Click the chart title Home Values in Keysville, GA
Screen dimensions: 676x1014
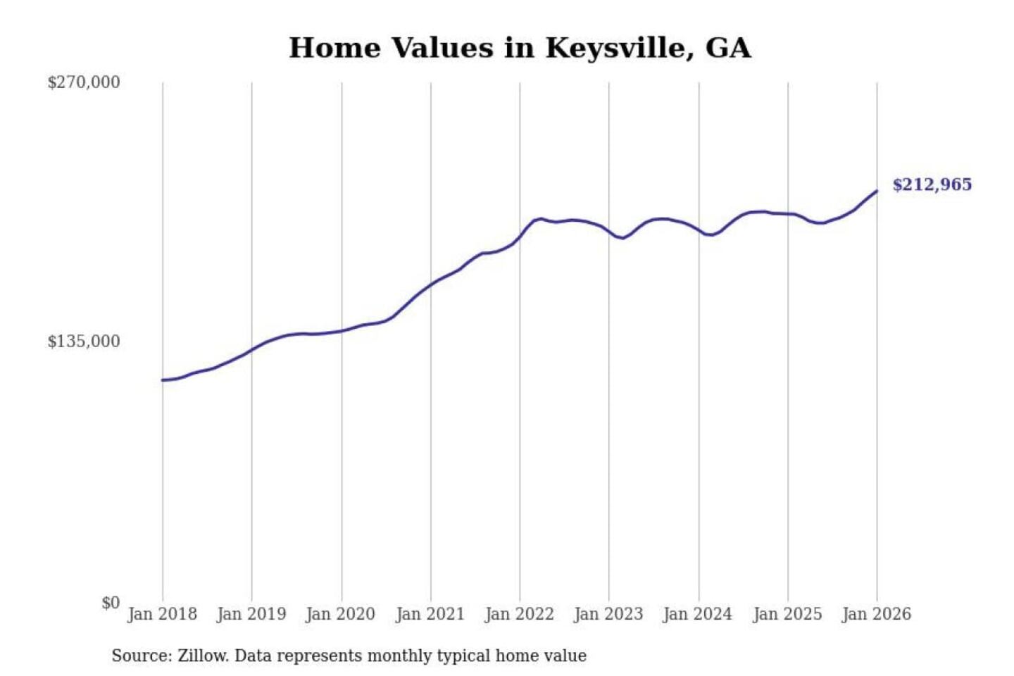point(520,48)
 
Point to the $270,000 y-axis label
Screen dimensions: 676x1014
point(84,82)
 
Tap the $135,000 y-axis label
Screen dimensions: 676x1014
point(84,342)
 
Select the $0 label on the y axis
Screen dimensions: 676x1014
point(111,603)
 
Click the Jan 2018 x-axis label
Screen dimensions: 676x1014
point(162,614)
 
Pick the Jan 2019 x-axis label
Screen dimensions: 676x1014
point(251,614)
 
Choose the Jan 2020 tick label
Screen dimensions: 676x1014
point(341,614)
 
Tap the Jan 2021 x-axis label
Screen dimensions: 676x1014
point(430,614)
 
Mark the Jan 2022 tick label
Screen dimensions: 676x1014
point(520,614)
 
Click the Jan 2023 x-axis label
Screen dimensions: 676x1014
point(608,614)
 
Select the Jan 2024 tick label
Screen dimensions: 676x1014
point(698,614)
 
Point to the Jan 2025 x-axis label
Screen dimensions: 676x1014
point(787,614)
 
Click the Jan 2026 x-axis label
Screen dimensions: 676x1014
point(877,614)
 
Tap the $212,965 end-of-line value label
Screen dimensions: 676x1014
point(932,184)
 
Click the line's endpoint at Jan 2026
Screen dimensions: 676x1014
point(877,191)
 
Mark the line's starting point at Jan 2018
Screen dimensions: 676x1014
point(163,380)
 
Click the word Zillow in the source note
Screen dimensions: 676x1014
point(203,656)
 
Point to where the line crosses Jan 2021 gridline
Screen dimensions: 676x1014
point(431,284)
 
